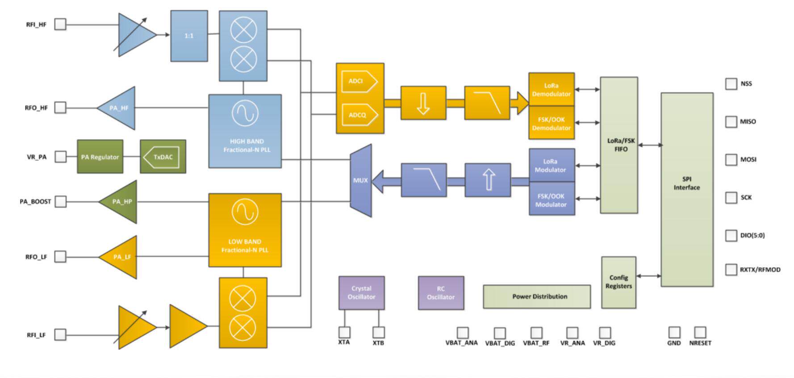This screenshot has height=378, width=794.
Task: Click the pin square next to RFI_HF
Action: (x=60, y=24)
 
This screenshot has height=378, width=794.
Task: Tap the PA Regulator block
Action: (x=100, y=157)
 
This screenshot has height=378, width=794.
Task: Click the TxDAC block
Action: (x=163, y=157)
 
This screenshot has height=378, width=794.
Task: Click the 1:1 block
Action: (x=189, y=36)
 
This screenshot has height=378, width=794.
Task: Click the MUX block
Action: (x=361, y=180)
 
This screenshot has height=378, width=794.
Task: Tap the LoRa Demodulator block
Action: (x=551, y=90)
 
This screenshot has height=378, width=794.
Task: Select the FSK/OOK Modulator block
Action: (x=552, y=200)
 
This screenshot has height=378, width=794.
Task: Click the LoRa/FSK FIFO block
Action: (x=619, y=145)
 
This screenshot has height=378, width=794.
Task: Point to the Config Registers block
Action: (x=618, y=282)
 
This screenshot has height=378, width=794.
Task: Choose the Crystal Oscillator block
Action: (x=361, y=293)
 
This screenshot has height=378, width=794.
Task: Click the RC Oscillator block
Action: (x=441, y=293)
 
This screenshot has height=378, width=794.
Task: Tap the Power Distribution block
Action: (x=537, y=296)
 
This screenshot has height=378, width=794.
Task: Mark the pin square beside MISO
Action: (x=731, y=121)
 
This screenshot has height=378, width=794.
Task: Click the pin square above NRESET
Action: (x=700, y=332)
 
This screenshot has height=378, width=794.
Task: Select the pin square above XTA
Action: (x=344, y=332)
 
